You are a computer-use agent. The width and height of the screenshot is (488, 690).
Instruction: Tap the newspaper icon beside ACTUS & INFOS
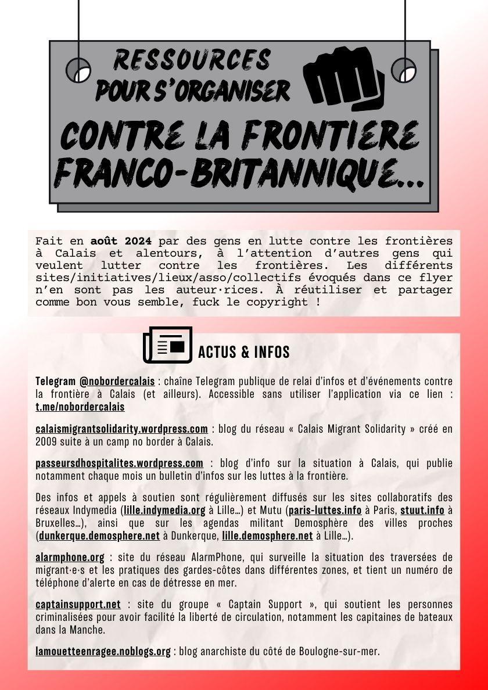167,346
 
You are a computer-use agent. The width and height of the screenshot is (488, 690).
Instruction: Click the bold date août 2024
121,241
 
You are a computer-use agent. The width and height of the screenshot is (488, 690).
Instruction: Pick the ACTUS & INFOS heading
243,352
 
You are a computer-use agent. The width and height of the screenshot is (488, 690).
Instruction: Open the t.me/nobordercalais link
80,407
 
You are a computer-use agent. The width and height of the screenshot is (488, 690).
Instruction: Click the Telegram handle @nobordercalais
117,382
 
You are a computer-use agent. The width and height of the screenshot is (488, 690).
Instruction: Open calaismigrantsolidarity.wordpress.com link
121,429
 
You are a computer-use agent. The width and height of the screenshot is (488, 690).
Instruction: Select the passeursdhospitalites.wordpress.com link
119,463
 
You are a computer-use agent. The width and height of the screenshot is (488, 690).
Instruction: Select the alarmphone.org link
70,558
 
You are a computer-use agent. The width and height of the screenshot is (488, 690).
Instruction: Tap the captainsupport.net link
78,604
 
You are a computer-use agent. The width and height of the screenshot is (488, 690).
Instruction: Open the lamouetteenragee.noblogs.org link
103,651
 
